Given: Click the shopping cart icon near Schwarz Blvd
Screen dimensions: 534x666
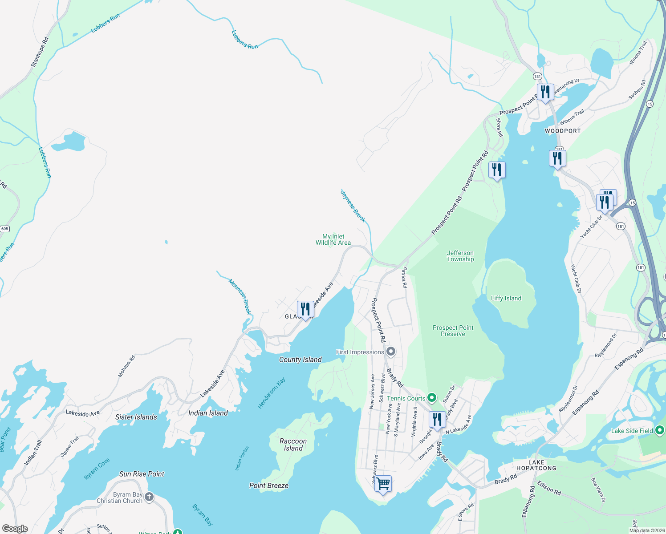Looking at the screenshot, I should tap(383, 483).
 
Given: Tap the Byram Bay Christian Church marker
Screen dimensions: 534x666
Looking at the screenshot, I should tap(149, 497).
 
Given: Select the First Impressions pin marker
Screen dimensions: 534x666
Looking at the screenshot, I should tap(391, 352).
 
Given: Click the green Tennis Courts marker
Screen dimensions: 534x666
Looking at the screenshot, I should tap(431, 397).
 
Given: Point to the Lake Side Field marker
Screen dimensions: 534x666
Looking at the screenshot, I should tap(660, 430).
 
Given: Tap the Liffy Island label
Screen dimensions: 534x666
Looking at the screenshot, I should tap(506, 299).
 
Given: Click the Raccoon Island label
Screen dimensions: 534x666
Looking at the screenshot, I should tap(293, 445).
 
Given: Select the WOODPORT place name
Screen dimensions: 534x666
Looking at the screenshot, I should tap(563, 131).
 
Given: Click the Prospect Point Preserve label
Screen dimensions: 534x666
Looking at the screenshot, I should tap(453, 331).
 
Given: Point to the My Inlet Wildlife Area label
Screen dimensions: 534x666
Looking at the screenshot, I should tap(333, 239).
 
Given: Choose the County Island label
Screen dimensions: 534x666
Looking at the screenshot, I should tap(300, 360).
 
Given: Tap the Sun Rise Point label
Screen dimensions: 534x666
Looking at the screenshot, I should tap(142, 474).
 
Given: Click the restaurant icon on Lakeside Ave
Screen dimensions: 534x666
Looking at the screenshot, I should tap(305, 309).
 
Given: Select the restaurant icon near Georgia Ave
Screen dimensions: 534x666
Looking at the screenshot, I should tap(437, 419).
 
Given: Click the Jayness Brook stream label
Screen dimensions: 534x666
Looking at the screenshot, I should tap(353, 206).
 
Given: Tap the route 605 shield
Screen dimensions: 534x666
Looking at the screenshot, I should tap(4, 229).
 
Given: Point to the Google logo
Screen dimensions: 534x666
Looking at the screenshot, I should tap(15, 528).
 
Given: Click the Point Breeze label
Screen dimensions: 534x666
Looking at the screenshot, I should tap(268, 485).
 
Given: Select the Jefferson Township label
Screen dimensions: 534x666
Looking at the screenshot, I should tap(460, 256).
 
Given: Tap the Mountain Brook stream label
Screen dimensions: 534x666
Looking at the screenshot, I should tap(240, 296).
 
